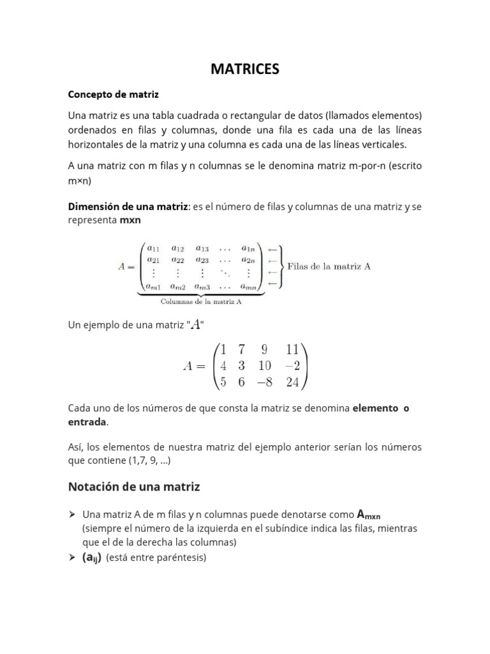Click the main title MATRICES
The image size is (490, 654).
point(245,70)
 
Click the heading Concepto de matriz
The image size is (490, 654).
point(113,94)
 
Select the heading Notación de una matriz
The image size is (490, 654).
point(134,487)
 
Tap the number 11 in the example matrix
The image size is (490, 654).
point(293,349)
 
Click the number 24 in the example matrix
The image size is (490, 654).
point(293,382)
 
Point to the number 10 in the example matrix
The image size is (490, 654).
point(265,365)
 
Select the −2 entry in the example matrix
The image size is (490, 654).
point(293,365)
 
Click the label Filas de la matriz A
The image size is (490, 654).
point(329,266)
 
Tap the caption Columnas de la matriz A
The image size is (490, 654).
point(200,302)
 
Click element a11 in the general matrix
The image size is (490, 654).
point(153,248)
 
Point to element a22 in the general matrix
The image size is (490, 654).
point(178,260)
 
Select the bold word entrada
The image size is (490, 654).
point(88,423)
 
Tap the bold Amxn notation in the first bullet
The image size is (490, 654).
point(369,514)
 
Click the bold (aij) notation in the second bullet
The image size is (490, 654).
point(92,558)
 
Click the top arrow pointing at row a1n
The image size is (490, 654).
point(272,249)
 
